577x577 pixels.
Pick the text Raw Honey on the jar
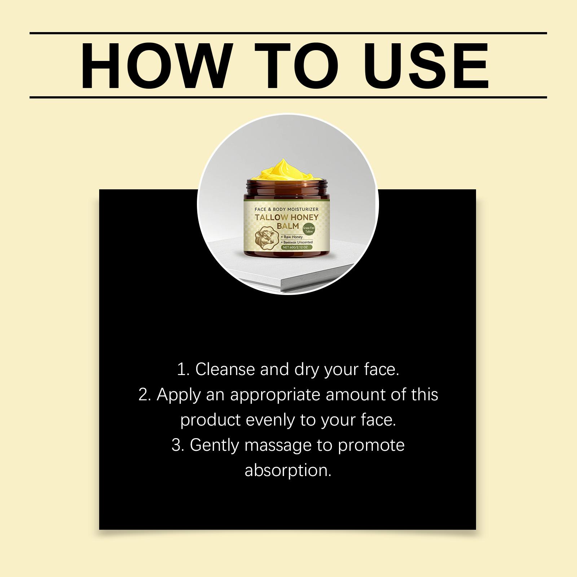[292, 237]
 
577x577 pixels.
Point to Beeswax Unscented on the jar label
[297, 242]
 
